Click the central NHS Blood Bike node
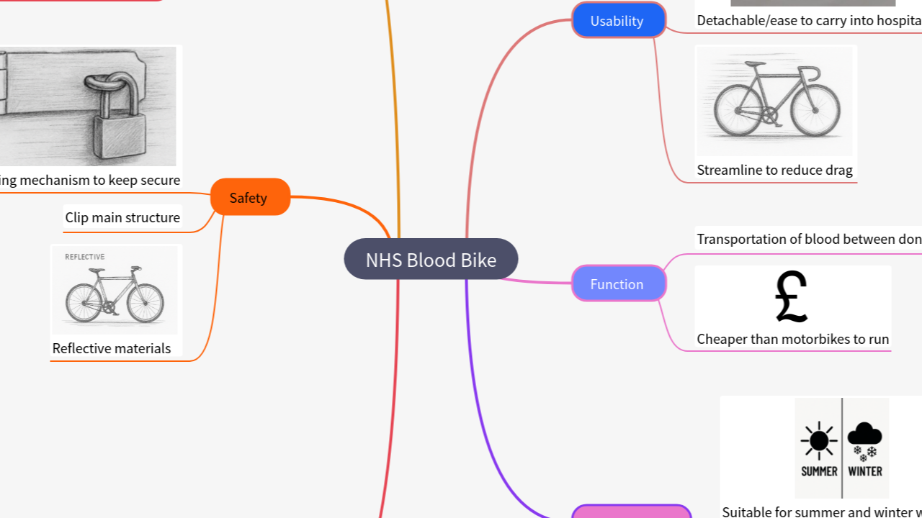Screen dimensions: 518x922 [x=431, y=260]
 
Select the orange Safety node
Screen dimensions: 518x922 [x=249, y=198]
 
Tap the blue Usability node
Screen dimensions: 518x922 [x=618, y=21]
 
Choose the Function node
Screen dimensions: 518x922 [x=618, y=284]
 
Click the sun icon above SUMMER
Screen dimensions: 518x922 [x=819, y=440]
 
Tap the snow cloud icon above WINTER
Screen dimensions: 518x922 [x=864, y=439]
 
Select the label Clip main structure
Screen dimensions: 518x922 [x=122, y=217]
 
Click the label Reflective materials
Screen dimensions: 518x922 [x=112, y=348]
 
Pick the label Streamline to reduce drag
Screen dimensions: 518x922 [x=774, y=171]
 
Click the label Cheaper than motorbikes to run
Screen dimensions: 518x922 [x=792, y=339]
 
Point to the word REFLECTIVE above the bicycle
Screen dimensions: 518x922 [x=85, y=257]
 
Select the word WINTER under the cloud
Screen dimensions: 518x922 [x=865, y=471]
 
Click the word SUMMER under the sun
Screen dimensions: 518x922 [x=819, y=471]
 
